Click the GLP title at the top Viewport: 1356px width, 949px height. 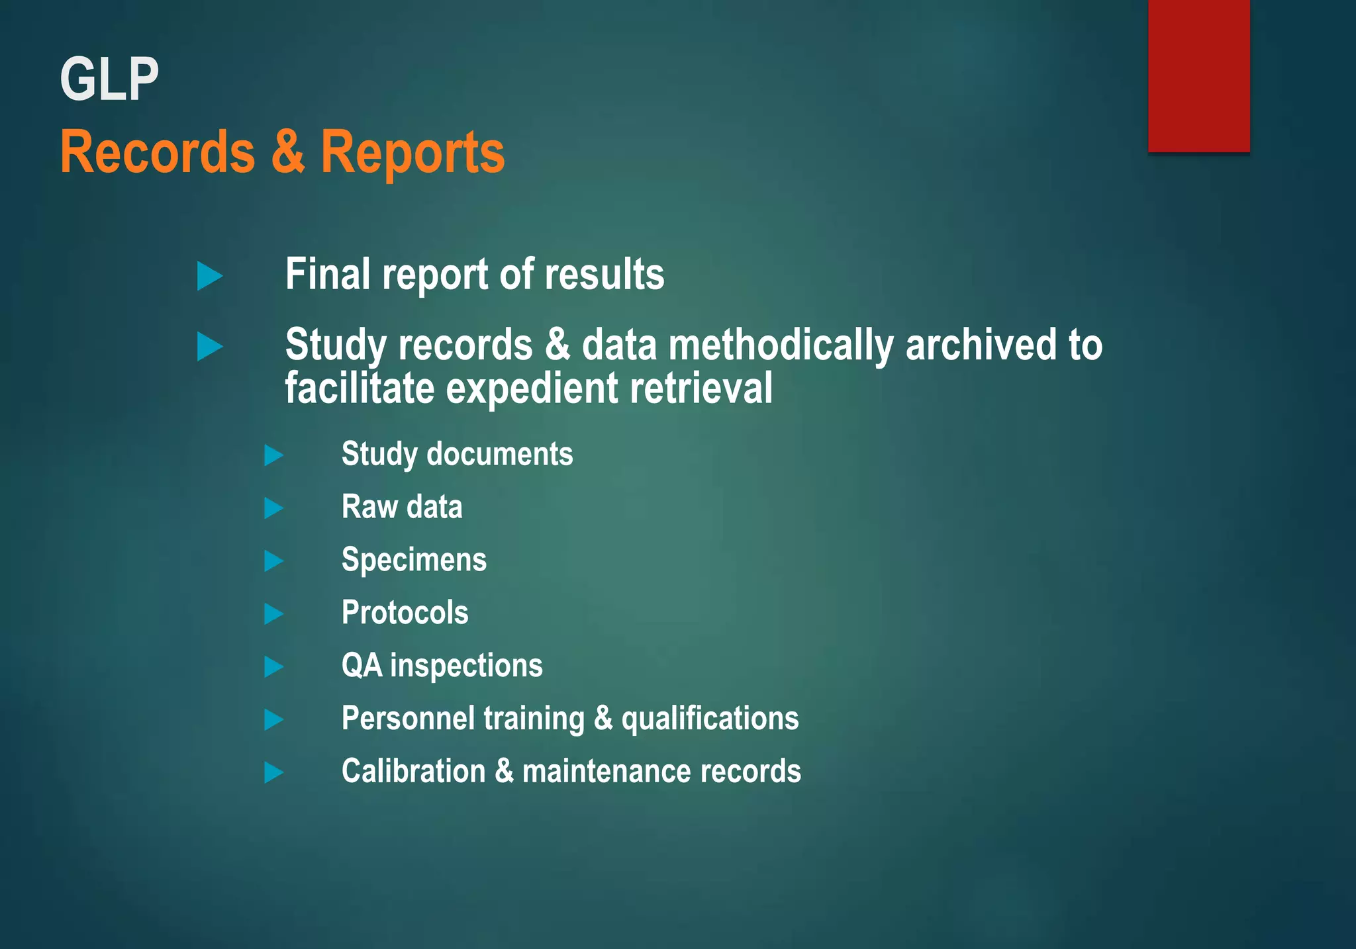tap(109, 79)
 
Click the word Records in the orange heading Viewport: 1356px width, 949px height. tap(158, 152)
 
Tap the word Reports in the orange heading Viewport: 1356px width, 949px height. tap(412, 152)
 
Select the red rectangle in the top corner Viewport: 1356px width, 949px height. tap(1198, 76)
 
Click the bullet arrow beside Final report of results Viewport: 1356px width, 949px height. tap(210, 276)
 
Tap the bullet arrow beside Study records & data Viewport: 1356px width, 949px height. tap(210, 347)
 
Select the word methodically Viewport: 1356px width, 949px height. tap(781, 345)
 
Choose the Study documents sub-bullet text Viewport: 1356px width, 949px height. tap(457, 454)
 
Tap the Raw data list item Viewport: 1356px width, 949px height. tap(402, 507)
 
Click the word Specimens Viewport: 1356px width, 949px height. tap(414, 560)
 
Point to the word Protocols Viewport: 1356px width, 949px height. tap(405, 613)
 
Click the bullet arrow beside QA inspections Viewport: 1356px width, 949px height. tap(273, 666)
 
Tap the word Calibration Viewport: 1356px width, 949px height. tap(413, 772)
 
